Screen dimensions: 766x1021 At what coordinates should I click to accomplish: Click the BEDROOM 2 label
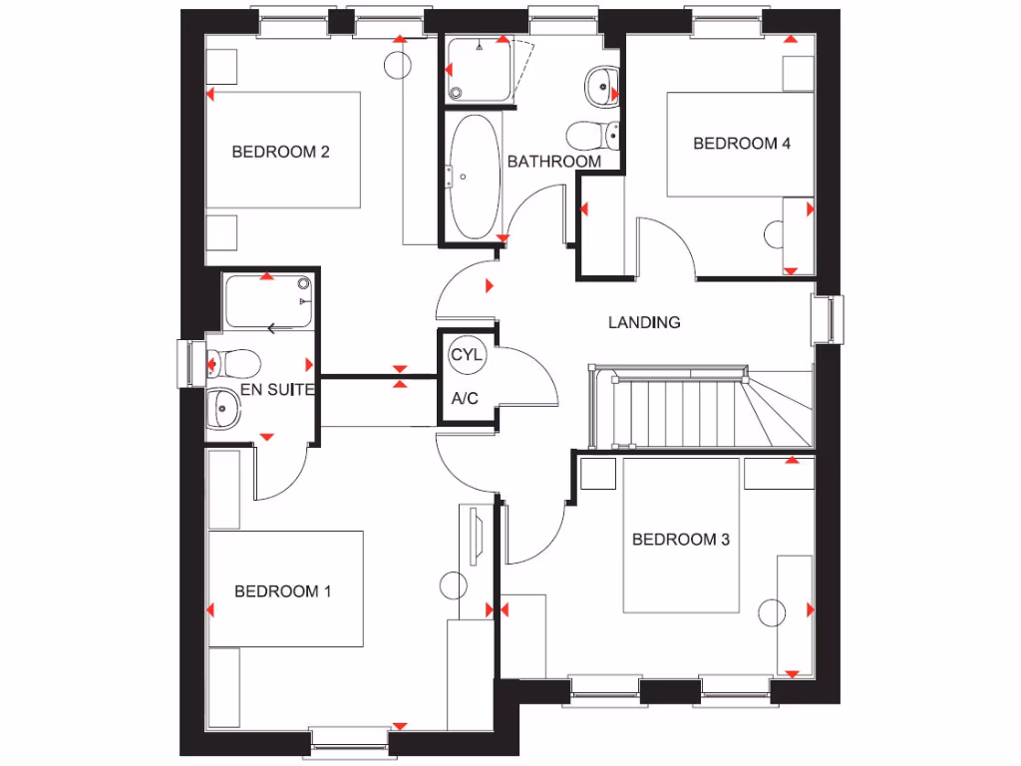(280, 153)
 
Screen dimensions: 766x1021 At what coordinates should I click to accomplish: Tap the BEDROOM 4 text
(742, 144)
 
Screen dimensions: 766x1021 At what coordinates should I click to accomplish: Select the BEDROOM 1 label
(282, 591)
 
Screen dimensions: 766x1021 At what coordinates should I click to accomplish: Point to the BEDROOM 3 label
(681, 540)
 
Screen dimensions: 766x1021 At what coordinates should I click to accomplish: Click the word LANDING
(644, 322)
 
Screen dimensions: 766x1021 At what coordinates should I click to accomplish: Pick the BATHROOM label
(554, 162)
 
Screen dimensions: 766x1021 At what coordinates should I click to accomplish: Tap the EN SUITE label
(278, 390)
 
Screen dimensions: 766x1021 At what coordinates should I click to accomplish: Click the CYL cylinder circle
(466, 355)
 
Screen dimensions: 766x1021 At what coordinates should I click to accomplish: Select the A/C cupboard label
(465, 399)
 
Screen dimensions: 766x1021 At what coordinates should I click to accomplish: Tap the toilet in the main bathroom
(588, 134)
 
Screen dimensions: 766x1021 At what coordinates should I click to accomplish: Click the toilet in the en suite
(233, 362)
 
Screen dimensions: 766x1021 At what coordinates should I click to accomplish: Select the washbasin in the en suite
(225, 408)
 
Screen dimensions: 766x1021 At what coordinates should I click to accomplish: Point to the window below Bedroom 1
(349, 739)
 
